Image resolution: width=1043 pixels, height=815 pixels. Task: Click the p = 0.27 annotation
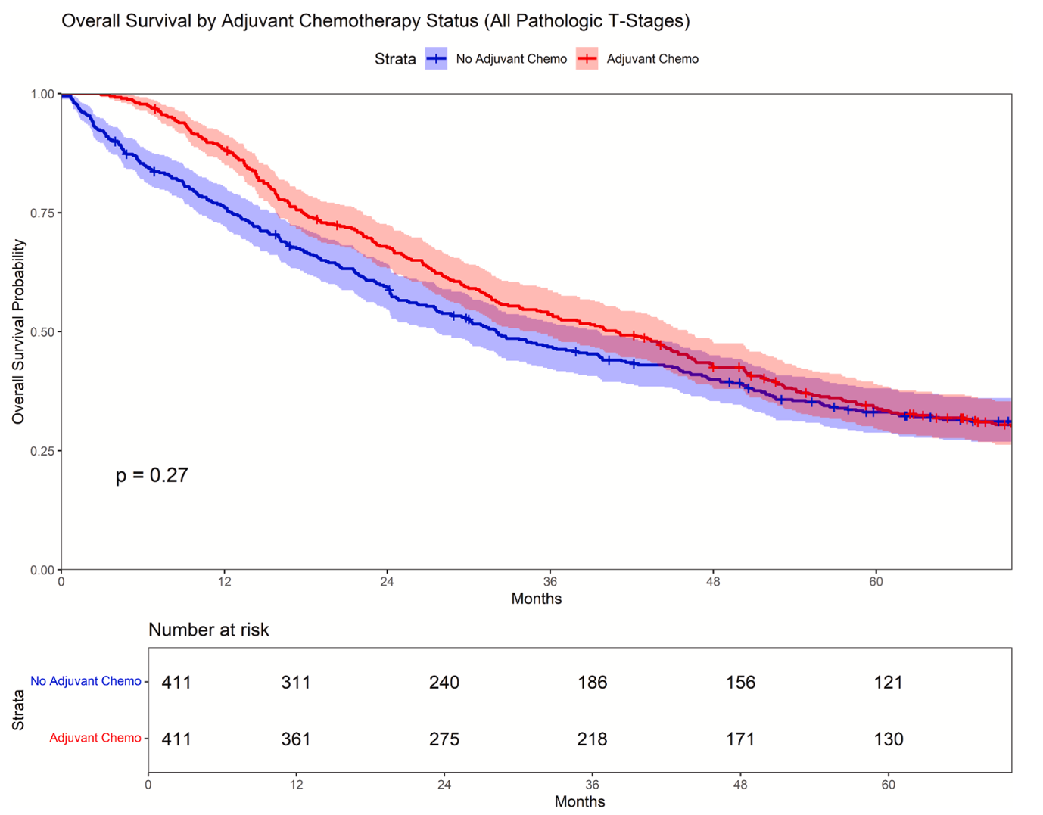(151, 475)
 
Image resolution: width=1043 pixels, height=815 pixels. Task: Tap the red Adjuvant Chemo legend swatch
(587, 59)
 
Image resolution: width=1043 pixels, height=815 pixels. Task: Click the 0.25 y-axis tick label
(42, 451)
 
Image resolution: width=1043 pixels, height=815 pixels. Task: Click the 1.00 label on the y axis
(42, 94)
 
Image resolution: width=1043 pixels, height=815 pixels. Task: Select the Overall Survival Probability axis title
(19, 331)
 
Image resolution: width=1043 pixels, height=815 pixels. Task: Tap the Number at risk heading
(208, 630)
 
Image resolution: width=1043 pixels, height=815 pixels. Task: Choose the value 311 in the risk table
(296, 683)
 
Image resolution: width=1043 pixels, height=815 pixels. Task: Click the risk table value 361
(296, 739)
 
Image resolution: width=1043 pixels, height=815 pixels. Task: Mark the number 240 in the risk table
(444, 683)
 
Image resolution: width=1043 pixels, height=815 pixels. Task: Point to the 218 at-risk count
(592, 739)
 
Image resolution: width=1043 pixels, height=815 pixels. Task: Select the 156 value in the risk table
(740, 683)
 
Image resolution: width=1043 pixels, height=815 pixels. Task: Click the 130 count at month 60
(888, 739)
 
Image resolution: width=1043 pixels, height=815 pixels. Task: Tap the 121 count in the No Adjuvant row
(888, 683)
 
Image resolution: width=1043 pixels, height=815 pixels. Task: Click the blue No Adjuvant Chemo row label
(86, 681)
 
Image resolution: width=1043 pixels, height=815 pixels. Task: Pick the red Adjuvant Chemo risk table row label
(95, 738)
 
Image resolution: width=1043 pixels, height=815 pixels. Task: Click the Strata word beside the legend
(395, 59)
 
